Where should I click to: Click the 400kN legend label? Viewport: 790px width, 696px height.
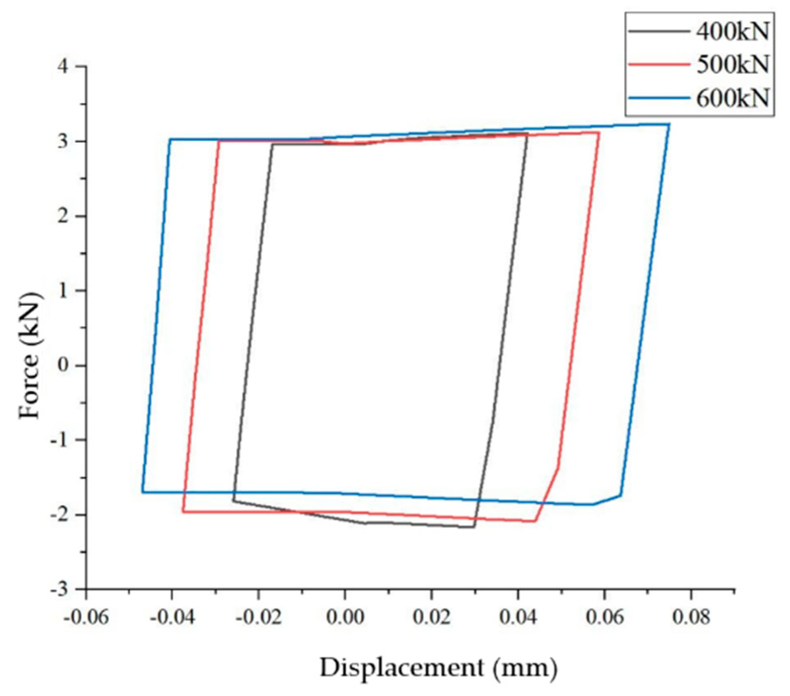732,32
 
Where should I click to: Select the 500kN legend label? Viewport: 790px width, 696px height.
732,65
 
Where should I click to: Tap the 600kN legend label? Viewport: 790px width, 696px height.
732,98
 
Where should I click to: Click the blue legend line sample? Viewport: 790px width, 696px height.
659,98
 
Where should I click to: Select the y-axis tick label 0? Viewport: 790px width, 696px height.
64,365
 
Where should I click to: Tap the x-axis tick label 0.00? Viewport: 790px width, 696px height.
345,617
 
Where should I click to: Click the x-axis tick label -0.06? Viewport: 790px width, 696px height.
86,617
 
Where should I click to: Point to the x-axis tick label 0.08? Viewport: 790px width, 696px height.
691,617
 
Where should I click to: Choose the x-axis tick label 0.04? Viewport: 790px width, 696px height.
518,617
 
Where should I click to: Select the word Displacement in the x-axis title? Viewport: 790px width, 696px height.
402,668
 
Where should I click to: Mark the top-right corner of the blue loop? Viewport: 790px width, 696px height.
669,124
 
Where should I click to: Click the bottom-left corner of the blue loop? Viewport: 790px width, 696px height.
143,492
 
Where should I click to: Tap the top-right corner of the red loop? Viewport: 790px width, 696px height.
599,133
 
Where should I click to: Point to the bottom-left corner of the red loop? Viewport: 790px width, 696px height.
183,512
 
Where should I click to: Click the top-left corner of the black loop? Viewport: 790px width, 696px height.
272,144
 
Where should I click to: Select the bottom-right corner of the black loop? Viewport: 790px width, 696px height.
474,527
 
